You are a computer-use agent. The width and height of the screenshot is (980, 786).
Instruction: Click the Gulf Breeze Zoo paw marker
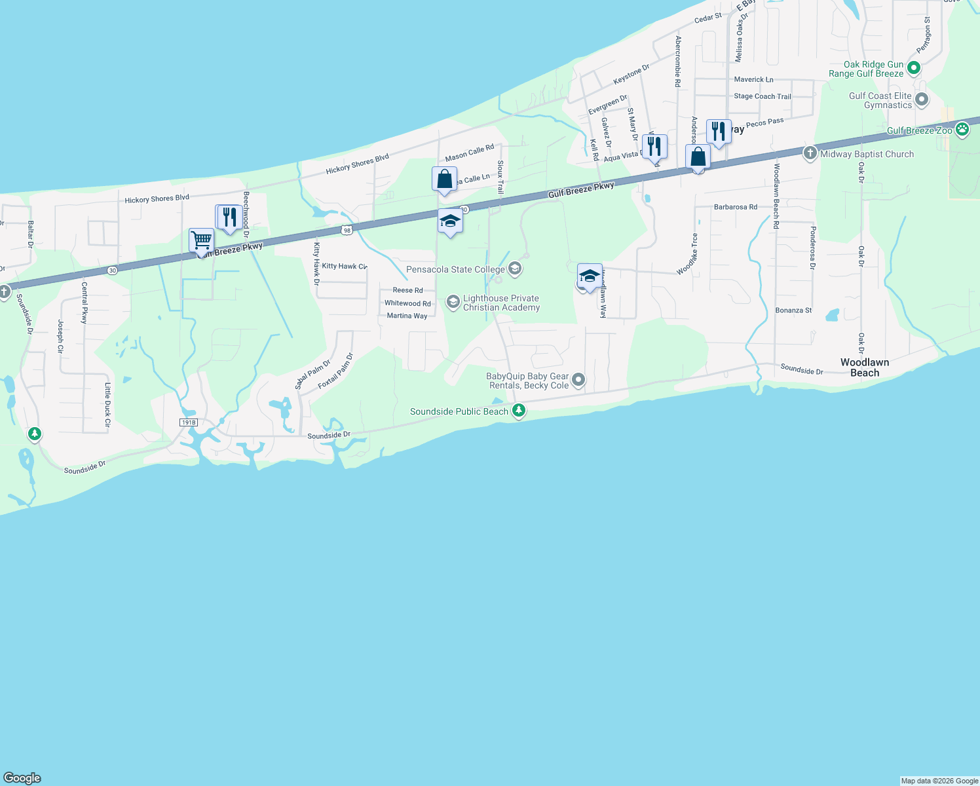point(962,129)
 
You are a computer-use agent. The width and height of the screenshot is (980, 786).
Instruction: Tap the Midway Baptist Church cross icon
point(810,153)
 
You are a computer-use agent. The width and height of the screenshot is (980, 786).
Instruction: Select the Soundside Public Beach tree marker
point(519,411)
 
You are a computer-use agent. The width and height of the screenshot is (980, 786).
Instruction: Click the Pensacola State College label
point(455,269)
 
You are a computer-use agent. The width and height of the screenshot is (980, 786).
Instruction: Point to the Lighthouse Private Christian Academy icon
point(453,302)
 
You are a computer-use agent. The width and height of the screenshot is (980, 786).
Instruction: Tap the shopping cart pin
point(201,240)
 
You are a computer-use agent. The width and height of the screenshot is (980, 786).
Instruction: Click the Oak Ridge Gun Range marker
point(914,67)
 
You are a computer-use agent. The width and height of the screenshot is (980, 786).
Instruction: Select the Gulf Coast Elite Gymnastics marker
point(922,100)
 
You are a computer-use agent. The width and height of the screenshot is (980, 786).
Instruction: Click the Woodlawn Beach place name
point(865,367)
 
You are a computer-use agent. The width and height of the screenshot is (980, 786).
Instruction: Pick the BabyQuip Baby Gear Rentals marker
point(578,379)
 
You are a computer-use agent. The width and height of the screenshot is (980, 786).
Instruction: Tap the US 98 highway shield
point(347,230)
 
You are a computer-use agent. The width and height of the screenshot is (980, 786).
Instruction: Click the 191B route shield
point(189,422)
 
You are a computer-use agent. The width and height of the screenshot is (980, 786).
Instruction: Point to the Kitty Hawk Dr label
point(316,264)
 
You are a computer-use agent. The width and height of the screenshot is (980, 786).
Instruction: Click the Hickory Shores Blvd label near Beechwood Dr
point(157,198)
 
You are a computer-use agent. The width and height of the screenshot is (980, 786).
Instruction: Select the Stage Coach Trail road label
point(763,96)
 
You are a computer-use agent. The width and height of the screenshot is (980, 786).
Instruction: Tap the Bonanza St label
point(793,310)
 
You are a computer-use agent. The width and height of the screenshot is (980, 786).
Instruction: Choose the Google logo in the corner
point(22,778)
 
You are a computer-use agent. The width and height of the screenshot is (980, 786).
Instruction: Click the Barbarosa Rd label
point(736,207)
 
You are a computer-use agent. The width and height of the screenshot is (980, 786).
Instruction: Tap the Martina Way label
point(407,316)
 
